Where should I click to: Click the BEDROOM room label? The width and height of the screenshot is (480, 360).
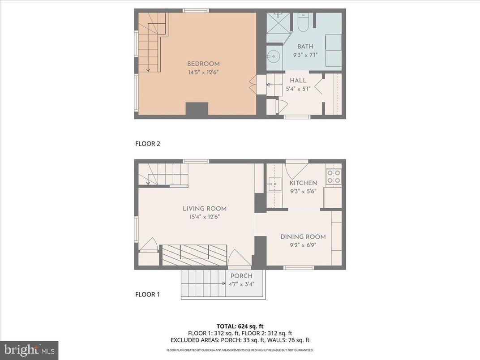[x=203, y=64]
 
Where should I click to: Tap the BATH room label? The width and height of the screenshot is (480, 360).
[x=305, y=47]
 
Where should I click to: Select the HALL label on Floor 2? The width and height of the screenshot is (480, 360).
[x=298, y=81]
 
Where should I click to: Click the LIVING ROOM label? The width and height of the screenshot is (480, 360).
[x=204, y=209]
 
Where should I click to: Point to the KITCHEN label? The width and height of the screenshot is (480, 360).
[x=303, y=183]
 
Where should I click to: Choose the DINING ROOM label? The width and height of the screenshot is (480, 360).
[x=303, y=237]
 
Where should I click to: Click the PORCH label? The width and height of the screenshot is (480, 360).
[x=241, y=276]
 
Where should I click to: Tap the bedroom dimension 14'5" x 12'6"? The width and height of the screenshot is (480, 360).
[x=203, y=72]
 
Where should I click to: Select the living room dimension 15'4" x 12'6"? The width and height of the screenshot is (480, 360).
[x=204, y=217]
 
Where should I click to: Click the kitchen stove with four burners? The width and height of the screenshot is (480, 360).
[x=334, y=176]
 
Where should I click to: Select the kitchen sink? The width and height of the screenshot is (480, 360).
[x=274, y=183]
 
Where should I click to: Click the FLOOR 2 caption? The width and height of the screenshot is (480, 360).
[x=147, y=144]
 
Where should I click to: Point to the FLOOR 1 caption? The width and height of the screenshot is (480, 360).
[x=147, y=295]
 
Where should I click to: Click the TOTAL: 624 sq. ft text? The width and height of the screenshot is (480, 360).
[x=240, y=326]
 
